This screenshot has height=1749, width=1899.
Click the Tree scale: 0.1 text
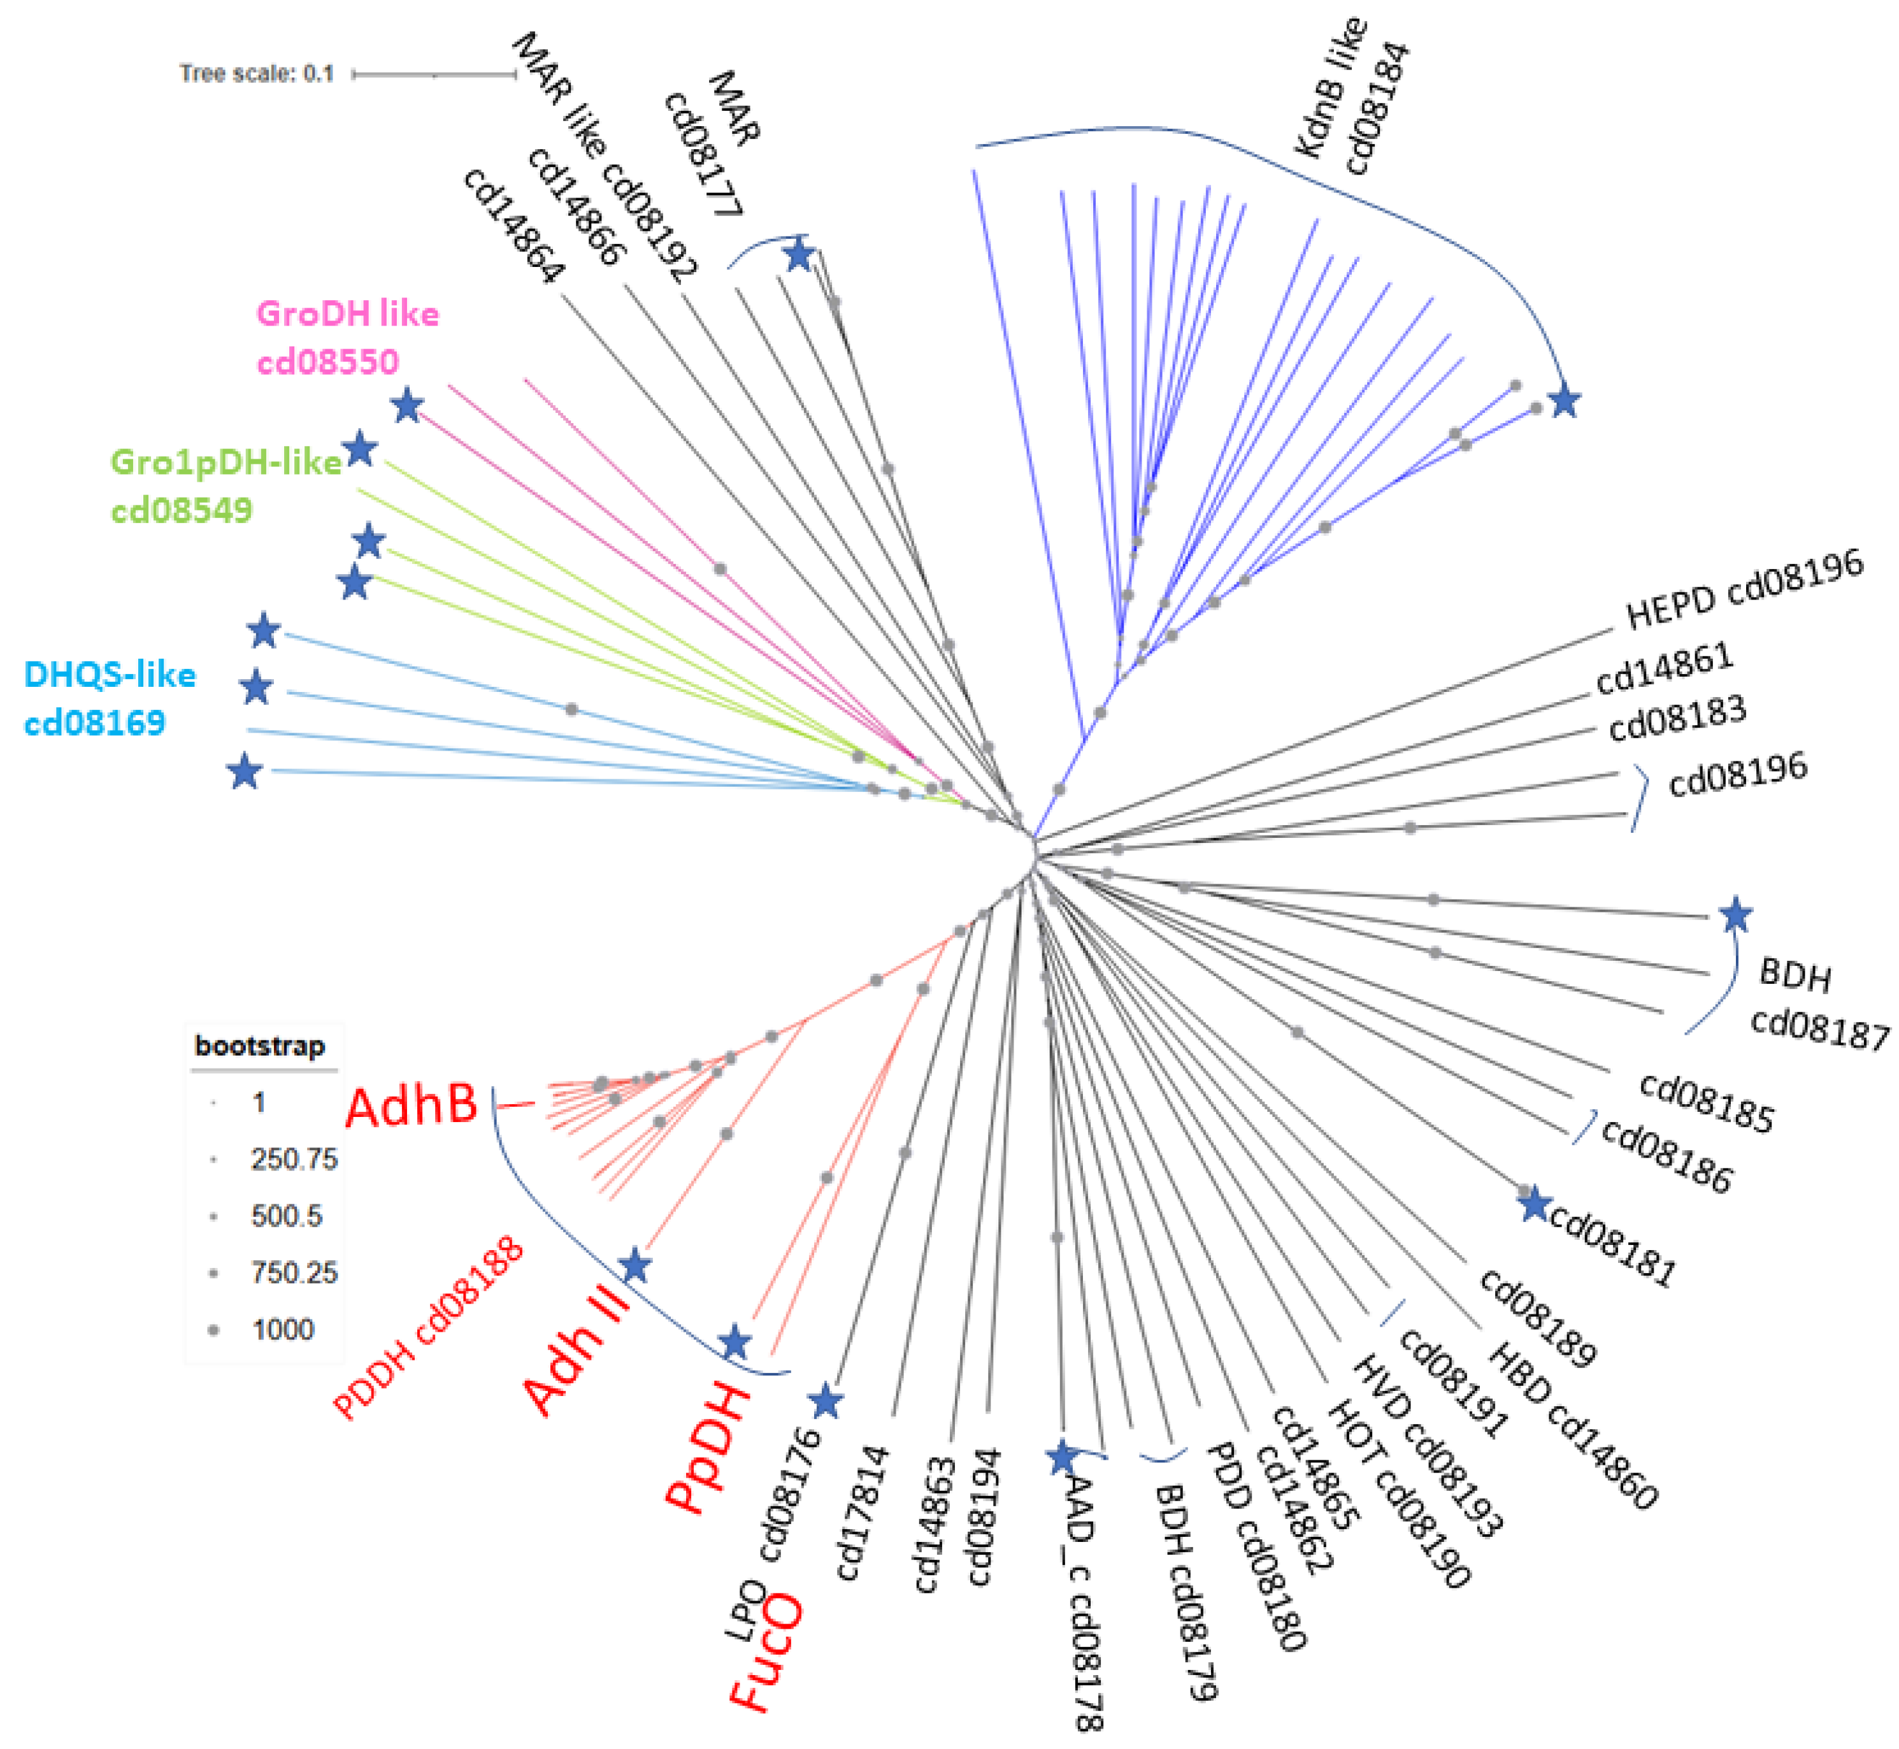click(257, 74)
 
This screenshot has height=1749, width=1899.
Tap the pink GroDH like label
click(347, 314)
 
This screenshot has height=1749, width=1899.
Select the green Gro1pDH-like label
click(226, 463)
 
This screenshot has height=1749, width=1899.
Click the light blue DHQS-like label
click(110, 675)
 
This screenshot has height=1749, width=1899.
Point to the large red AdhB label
click(412, 1105)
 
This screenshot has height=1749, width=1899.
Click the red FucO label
click(766, 1652)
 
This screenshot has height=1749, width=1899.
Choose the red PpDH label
click(708, 1449)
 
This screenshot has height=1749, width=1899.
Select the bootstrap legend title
click(259, 1046)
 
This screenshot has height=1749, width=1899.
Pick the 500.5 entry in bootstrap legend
click(286, 1216)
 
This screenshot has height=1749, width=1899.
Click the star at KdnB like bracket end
click(1564, 401)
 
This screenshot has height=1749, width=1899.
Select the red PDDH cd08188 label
click(427, 1327)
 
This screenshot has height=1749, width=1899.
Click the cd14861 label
click(1663, 668)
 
